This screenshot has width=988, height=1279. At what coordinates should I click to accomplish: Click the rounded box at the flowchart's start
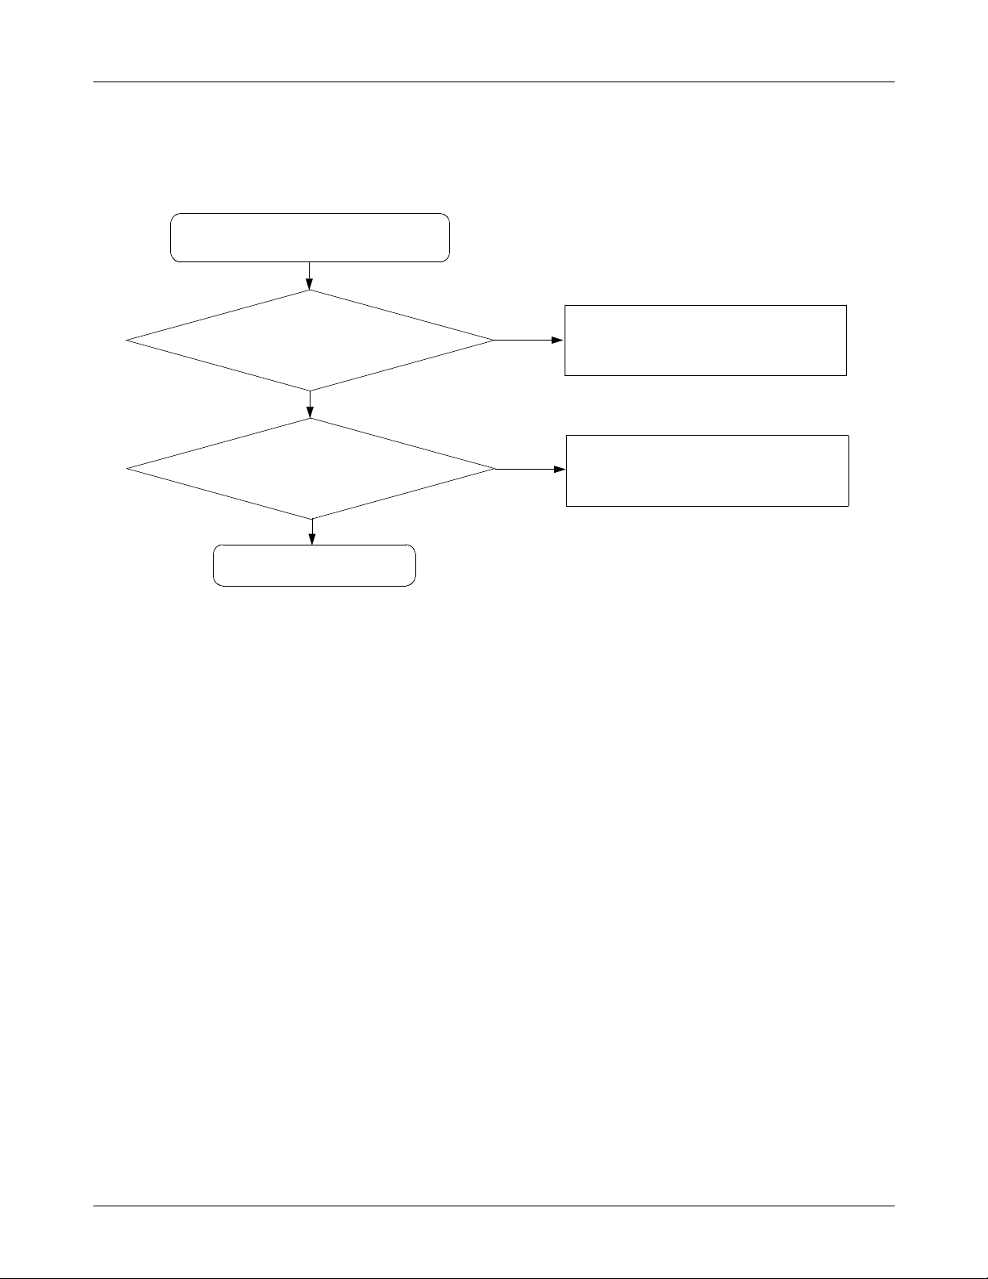tap(310, 237)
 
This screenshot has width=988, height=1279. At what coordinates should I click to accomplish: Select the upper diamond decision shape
tap(310, 341)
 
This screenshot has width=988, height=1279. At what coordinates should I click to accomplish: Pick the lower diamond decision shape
tap(311, 469)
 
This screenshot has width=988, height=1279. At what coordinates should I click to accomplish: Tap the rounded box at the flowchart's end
tap(314, 565)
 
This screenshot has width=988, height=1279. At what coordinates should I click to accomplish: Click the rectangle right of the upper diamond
tap(705, 340)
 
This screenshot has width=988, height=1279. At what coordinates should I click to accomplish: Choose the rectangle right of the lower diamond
tap(707, 470)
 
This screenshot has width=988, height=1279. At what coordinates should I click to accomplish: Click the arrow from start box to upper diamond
tap(310, 275)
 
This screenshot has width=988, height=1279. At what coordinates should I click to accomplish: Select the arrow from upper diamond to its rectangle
tap(528, 341)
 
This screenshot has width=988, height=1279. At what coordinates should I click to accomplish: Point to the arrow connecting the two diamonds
tap(310, 404)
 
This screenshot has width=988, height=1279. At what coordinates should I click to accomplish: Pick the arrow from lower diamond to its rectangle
tap(530, 469)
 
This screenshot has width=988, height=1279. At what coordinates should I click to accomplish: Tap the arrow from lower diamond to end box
tap(312, 532)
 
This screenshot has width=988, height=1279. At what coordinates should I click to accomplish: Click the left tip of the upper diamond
tap(127, 341)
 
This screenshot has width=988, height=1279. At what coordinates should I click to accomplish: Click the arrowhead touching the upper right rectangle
tap(559, 341)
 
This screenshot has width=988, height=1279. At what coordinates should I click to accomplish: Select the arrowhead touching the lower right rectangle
tap(561, 469)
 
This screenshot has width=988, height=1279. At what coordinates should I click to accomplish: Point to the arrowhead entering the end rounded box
tap(312, 540)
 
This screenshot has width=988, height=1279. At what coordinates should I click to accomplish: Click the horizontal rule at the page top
tap(494, 82)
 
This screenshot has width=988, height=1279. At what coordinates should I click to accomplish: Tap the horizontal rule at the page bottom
tap(494, 1206)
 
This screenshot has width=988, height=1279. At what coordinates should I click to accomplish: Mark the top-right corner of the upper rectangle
tap(846, 305)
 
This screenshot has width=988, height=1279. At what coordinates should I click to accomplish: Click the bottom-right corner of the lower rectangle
tap(848, 506)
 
